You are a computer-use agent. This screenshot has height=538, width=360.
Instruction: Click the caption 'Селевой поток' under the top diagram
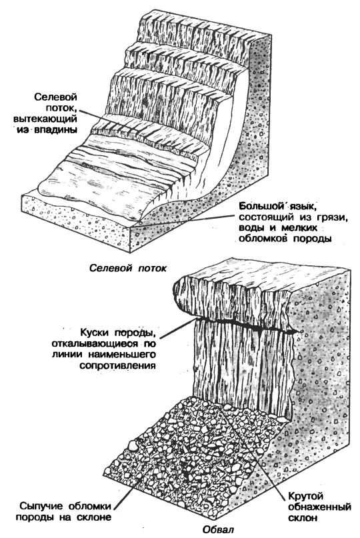[127, 268]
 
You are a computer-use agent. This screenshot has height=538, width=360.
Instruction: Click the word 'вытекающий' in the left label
[45, 119]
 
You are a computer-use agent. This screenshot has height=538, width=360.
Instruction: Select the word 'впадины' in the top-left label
[57, 130]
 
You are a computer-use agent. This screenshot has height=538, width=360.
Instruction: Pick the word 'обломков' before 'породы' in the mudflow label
[263, 239]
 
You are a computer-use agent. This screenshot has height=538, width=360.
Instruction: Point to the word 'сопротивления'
[118, 365]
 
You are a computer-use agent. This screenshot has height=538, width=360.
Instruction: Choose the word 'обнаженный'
[319, 507]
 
